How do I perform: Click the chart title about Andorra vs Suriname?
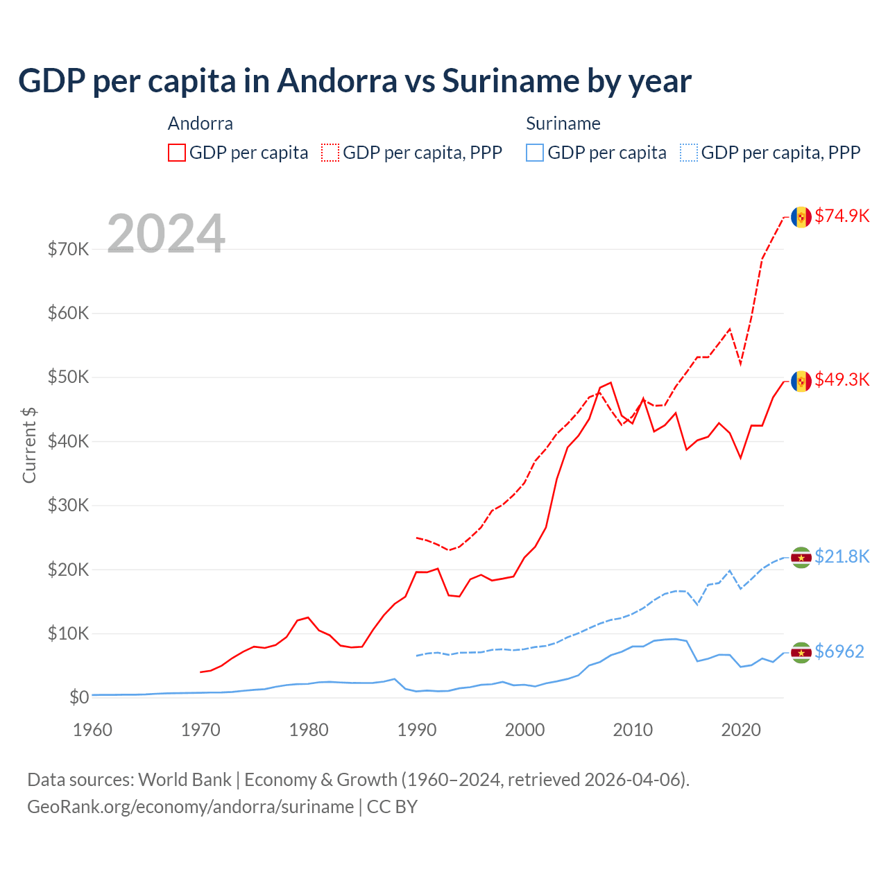coord(355,81)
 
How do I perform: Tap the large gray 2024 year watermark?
coord(166,234)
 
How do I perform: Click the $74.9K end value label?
coord(842,216)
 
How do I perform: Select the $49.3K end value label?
coord(842,379)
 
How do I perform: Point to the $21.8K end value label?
coord(842,556)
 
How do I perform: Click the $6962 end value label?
coord(839,651)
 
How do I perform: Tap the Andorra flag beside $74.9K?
coord(801,217)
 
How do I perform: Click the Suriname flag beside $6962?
coord(801,652)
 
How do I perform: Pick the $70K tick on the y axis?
coord(68,249)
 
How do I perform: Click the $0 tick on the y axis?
coord(79,697)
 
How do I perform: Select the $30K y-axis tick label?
coord(68,505)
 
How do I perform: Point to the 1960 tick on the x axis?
coord(92,730)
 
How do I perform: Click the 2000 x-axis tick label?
coord(524,730)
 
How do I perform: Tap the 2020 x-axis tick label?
coord(741,730)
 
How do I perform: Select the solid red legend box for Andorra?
coord(177,153)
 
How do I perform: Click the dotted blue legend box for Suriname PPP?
coord(689,153)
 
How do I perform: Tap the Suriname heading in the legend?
coord(563,123)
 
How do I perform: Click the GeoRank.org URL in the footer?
coord(190,807)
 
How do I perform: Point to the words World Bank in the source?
coord(185,780)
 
